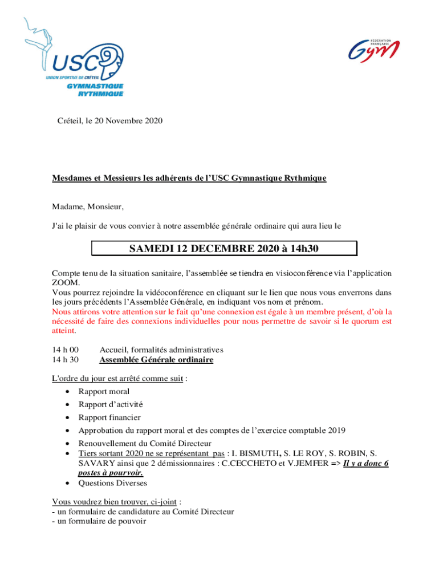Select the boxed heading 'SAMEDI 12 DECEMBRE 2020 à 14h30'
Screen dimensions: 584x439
223,249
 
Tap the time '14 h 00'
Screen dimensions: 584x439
66,350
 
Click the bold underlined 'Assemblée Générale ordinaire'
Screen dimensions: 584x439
156,360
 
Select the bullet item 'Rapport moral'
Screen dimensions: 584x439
104,391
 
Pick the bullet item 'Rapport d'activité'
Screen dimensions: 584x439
111,404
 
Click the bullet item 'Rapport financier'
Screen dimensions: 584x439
109,417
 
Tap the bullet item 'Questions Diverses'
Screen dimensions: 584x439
112,483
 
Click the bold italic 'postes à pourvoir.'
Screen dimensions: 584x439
111,473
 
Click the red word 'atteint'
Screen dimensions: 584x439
63,330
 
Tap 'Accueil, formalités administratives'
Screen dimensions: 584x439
161,350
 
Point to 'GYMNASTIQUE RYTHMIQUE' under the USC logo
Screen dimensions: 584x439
95,90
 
